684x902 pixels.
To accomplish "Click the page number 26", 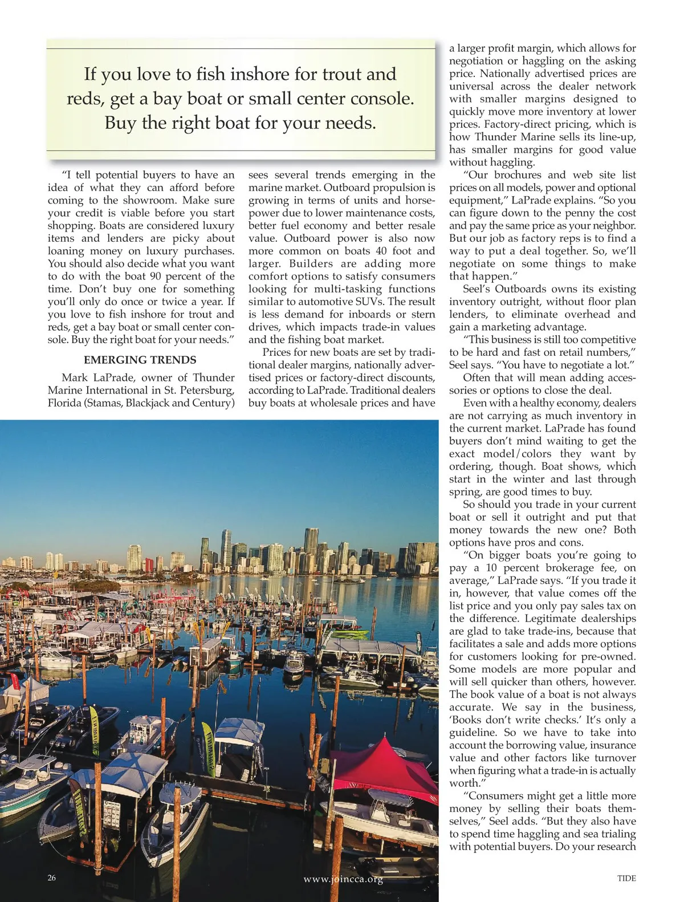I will point(52,877).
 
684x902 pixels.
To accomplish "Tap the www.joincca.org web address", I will point(343,879).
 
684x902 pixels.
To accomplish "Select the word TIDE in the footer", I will point(626,878).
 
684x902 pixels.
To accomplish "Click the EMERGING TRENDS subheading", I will point(140,360).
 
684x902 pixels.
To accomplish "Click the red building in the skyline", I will point(149,565).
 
